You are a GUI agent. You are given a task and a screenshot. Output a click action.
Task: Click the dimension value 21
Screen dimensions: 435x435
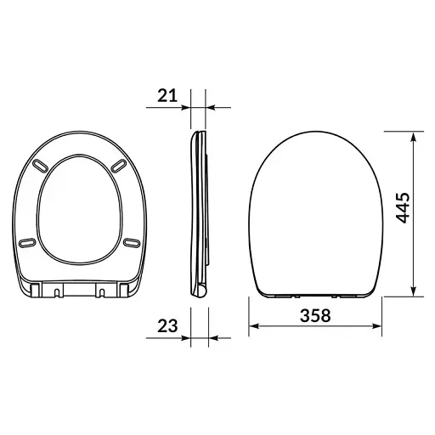[x=167, y=96]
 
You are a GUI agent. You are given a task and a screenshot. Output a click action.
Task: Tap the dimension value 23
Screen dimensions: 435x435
[x=167, y=325]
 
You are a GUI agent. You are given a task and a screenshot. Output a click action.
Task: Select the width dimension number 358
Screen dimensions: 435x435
[x=315, y=315]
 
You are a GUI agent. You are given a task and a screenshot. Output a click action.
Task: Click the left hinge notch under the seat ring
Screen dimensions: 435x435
[x=56, y=293]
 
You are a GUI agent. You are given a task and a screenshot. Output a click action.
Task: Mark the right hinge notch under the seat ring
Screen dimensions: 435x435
[x=103, y=293]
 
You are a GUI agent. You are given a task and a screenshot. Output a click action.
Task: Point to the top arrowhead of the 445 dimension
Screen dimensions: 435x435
[x=414, y=135]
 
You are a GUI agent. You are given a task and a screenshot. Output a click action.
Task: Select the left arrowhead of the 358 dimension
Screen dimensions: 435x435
[x=255, y=328]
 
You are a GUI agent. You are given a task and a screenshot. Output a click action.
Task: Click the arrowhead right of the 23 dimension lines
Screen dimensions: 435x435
[x=213, y=337]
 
